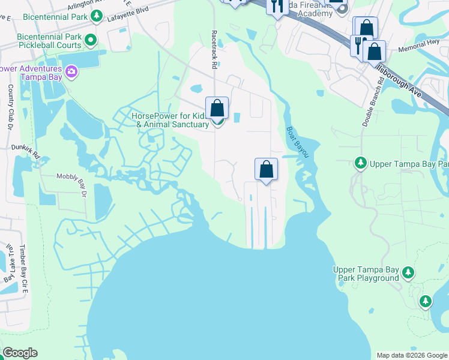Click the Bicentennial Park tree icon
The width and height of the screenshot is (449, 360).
tap(97, 17)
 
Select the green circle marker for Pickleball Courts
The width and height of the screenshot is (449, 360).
tap(91, 41)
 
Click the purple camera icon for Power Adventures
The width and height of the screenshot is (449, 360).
tap(71, 72)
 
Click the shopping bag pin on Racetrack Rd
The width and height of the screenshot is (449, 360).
tap(217, 109)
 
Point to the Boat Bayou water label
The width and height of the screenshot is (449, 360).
tap(297, 142)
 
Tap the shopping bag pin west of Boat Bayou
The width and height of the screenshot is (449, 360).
tap(266, 169)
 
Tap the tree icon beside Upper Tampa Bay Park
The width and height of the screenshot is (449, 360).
tap(361, 163)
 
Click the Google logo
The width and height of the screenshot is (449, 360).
tap(20, 353)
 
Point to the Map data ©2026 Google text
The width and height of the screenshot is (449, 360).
tap(411, 355)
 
